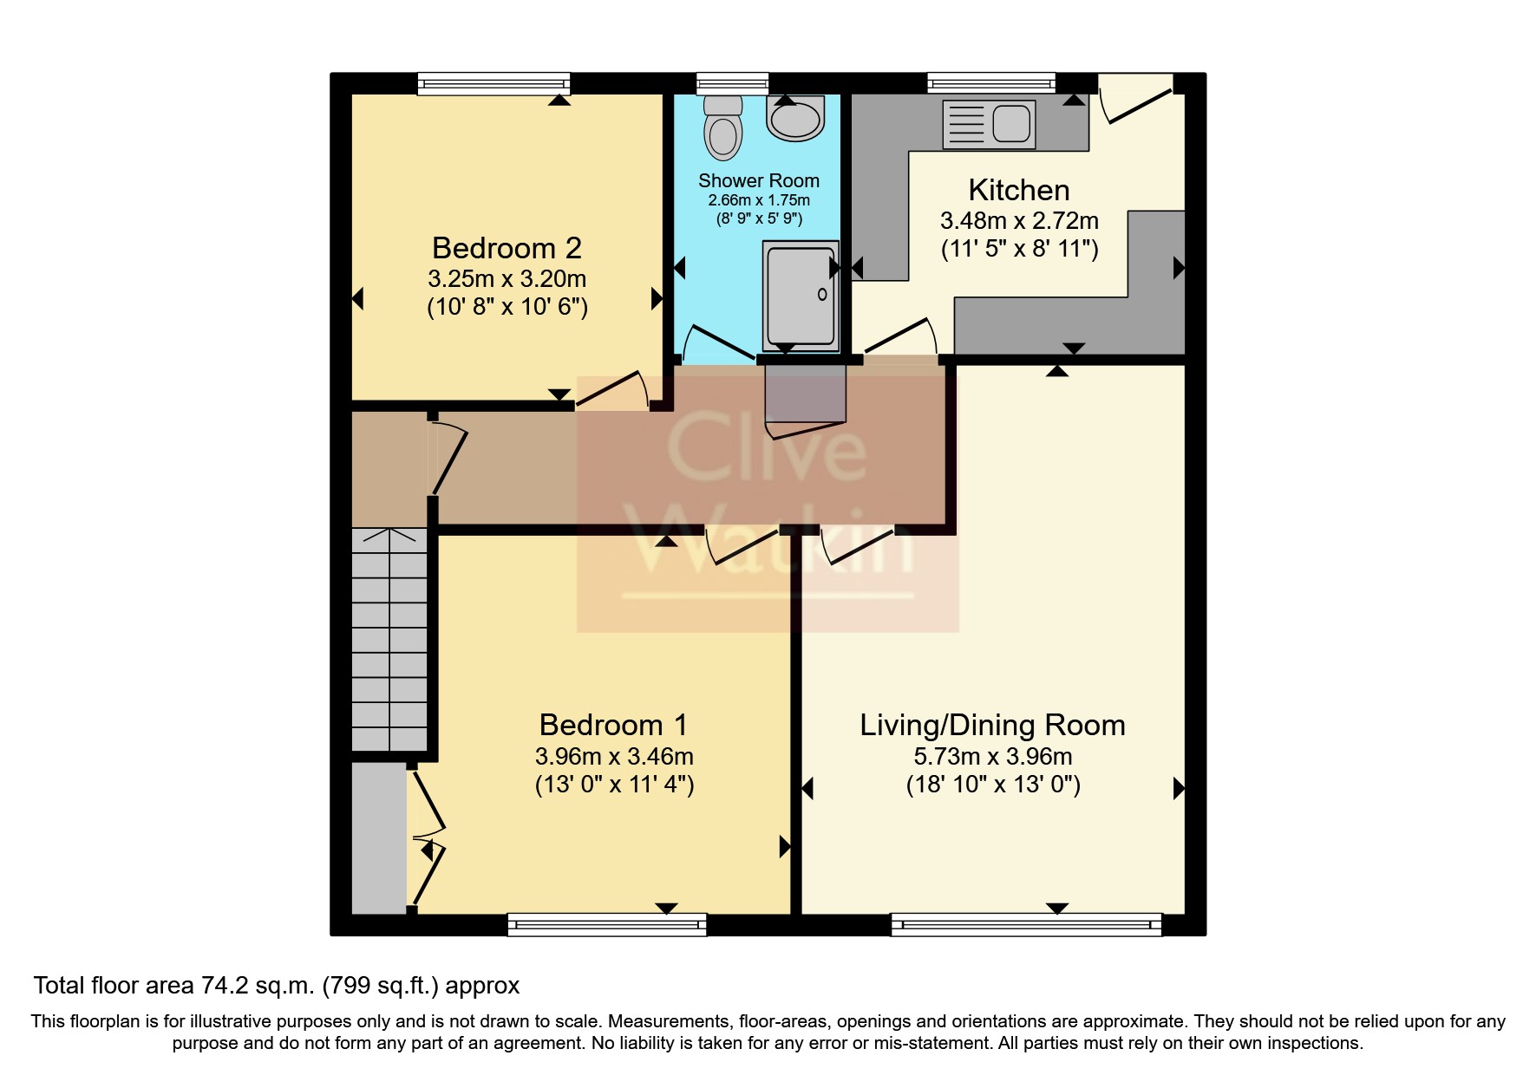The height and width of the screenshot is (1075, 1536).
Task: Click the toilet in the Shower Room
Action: coord(723,127)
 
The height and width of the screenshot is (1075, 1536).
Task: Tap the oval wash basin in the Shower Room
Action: coord(795,118)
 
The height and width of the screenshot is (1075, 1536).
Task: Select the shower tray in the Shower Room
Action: coord(801,296)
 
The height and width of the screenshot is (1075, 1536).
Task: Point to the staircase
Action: coord(389,639)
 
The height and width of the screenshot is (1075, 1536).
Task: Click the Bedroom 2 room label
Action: coord(507,248)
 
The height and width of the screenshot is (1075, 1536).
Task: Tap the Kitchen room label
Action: coord(1018,190)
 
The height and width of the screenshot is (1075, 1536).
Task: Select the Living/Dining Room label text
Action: coord(992,725)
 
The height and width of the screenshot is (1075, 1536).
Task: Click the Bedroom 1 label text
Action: coord(613,725)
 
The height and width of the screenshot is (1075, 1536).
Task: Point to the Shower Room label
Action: coord(759,180)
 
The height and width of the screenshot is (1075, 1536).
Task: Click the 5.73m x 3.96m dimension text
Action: coord(993,756)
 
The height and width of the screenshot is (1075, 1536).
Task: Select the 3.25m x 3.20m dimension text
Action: coord(507,279)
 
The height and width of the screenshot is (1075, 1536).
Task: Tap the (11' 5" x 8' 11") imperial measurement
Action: coord(1020,250)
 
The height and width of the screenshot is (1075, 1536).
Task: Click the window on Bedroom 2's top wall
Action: coord(493,83)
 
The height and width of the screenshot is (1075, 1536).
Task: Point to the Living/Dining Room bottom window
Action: coord(1026,925)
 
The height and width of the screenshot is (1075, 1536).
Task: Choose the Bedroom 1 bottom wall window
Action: coord(607,925)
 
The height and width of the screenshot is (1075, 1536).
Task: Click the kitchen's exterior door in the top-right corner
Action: coord(1136,98)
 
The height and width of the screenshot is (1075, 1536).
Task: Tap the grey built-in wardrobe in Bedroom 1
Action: coord(378,837)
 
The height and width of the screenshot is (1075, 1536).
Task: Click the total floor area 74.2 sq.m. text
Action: coord(277,986)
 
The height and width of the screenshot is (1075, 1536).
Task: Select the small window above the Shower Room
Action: coord(733,83)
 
